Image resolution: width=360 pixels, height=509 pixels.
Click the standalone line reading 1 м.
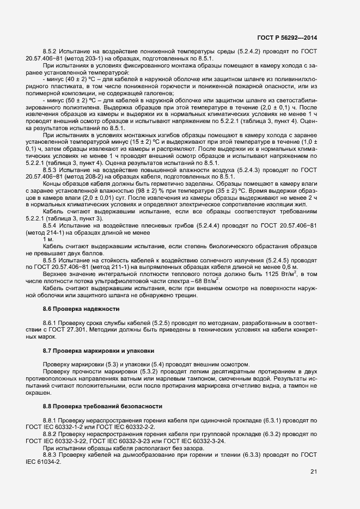point(47,240)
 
